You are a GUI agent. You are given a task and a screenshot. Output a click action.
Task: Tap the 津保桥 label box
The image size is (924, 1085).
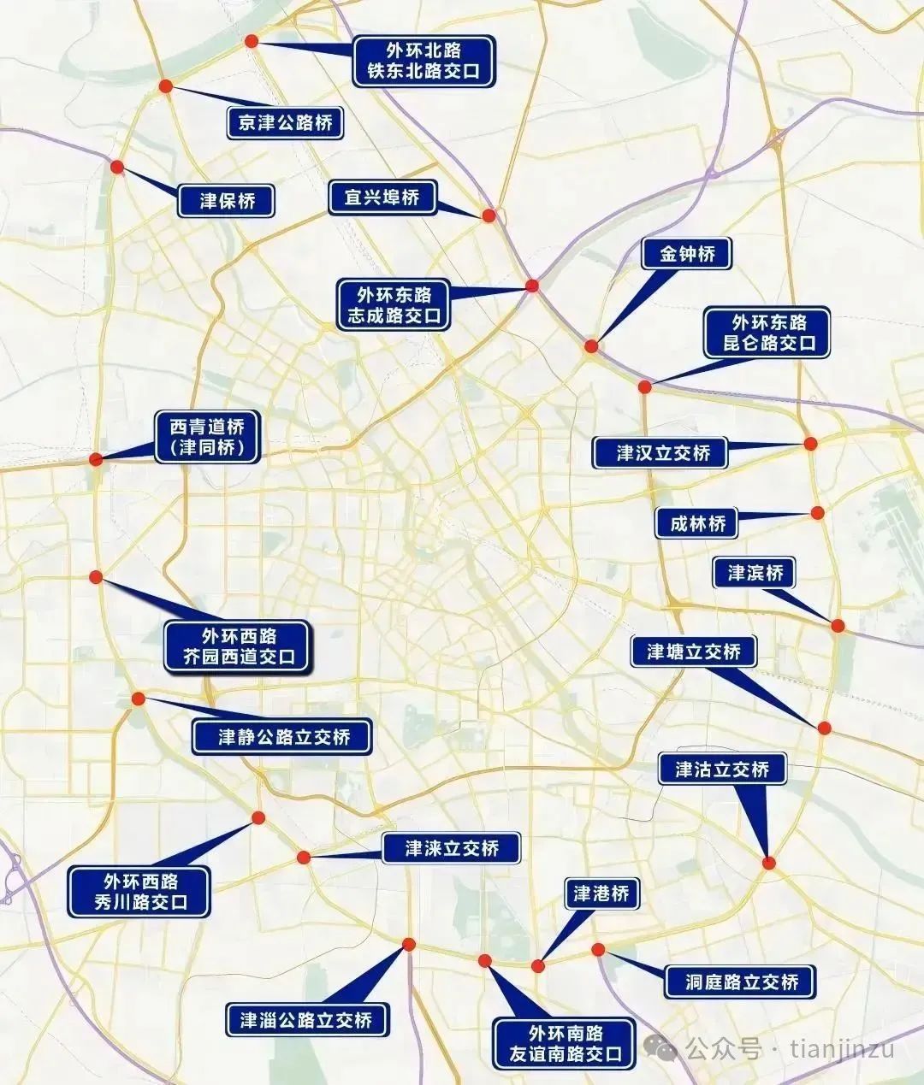pyautogui.click(x=228, y=201)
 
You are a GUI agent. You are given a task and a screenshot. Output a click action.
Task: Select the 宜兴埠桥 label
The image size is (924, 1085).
pyautogui.click(x=382, y=198)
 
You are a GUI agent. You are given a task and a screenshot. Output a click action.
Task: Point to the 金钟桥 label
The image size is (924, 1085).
pyautogui.click(x=687, y=254)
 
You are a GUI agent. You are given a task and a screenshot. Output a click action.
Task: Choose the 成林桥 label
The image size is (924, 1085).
pyautogui.click(x=697, y=523)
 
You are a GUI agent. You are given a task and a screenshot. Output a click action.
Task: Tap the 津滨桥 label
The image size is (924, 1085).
pyautogui.click(x=755, y=573)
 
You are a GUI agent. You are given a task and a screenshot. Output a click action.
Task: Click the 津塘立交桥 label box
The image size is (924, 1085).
pyautogui.click(x=693, y=652)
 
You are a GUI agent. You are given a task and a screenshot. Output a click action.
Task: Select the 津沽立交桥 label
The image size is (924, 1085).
pyautogui.click(x=722, y=769)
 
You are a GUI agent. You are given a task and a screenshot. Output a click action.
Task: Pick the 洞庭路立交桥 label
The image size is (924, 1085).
pyautogui.click(x=741, y=982)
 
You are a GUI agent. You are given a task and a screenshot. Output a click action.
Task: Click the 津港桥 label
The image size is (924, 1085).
pyautogui.click(x=601, y=894)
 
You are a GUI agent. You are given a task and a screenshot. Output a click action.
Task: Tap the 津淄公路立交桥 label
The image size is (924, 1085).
pyautogui.click(x=306, y=1019)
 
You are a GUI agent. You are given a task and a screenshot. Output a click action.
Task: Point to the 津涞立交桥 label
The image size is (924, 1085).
pyautogui.click(x=451, y=848)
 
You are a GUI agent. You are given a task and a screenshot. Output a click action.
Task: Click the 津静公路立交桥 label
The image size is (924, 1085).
pyautogui.click(x=283, y=737)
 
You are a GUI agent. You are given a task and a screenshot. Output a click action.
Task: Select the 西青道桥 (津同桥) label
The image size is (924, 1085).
pyautogui.click(x=206, y=438)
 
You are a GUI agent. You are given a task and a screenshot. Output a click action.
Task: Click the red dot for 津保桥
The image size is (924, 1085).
pyautogui.click(x=117, y=168)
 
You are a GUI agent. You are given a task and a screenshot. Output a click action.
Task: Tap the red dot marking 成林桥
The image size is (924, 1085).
pyautogui.click(x=817, y=513)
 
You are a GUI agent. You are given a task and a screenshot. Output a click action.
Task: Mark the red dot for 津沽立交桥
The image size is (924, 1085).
pyautogui.click(x=769, y=864)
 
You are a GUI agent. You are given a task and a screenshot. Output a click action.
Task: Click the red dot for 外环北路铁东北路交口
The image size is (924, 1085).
pyautogui.click(x=252, y=41)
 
